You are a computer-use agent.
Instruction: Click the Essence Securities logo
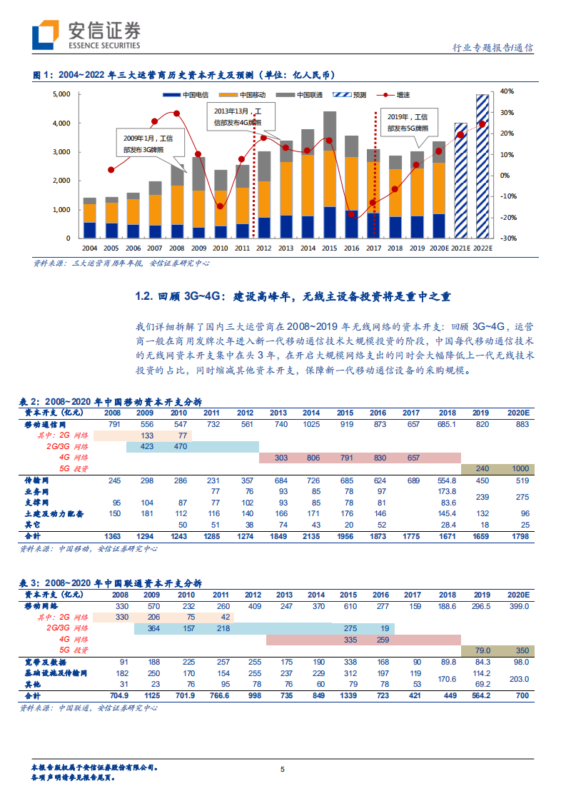86,34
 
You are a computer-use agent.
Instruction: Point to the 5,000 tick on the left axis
61,94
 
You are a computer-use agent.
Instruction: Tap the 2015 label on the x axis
330,248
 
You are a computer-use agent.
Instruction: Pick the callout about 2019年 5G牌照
408,123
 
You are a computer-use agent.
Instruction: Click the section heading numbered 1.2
293,296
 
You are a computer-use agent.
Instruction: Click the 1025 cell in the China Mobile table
310,424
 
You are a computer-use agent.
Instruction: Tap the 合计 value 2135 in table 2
310,535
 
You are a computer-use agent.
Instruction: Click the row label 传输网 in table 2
37,480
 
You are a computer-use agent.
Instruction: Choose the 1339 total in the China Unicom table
348,695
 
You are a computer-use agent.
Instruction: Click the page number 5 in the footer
283,769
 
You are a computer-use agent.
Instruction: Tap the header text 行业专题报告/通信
493,48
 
